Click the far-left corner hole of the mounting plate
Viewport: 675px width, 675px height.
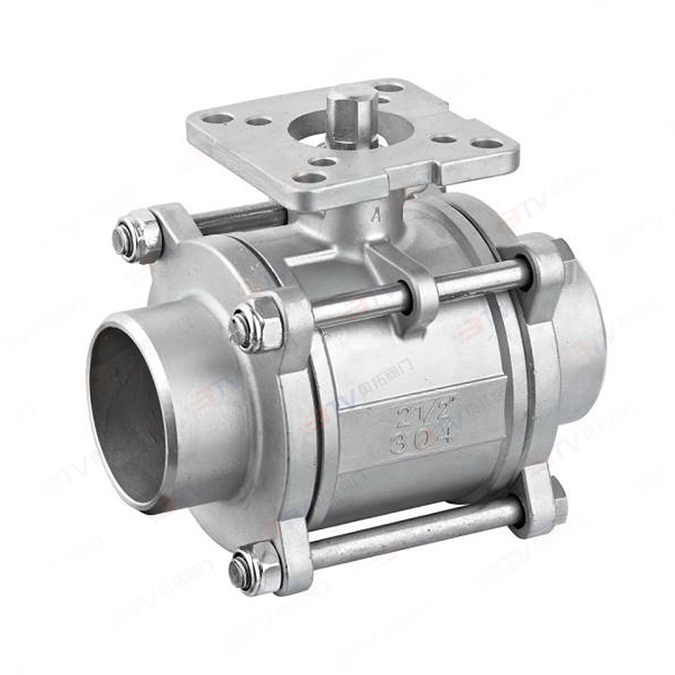point(219,118)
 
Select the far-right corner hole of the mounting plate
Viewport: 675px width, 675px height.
point(487,143)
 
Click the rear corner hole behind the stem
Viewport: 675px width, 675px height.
point(390,88)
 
